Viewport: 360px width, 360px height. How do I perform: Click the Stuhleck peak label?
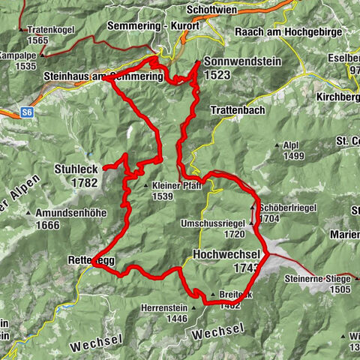point(76,169)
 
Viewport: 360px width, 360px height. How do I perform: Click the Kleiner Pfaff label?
point(176,185)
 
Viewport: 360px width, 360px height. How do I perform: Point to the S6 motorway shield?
point(28,112)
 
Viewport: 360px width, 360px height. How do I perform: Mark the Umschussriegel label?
point(212,223)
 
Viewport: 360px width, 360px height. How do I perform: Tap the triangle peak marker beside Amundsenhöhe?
point(28,213)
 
